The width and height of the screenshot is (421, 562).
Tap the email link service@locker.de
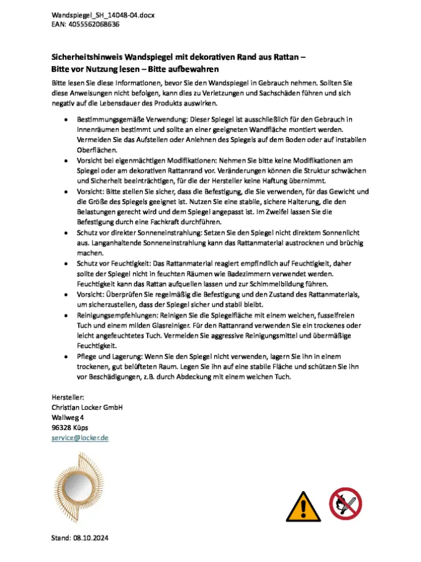(x=79, y=438)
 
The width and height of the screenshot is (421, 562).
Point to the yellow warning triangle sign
(x=303, y=505)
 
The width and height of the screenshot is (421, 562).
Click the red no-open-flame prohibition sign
(x=345, y=504)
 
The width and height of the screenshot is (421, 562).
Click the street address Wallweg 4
(x=68, y=417)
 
